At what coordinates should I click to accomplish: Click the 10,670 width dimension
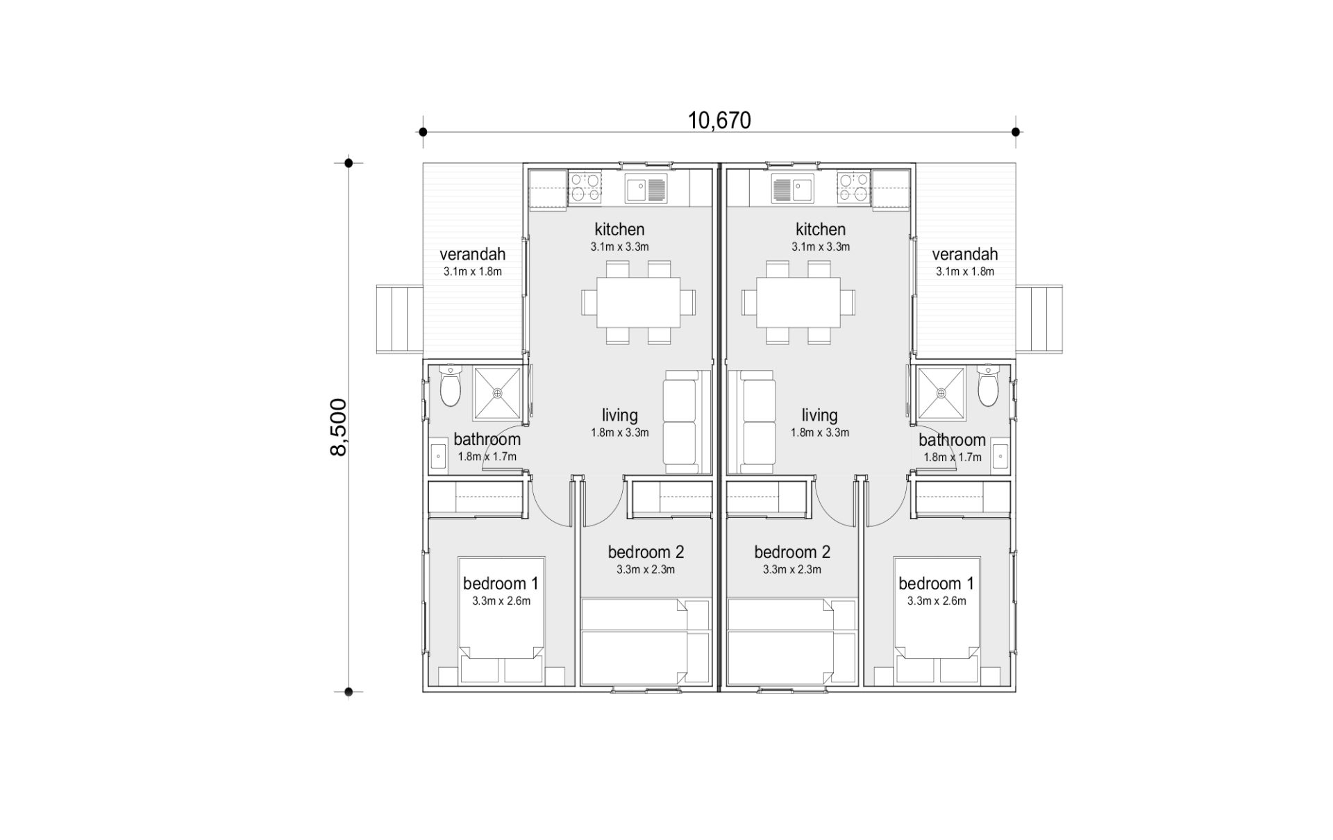click(x=719, y=121)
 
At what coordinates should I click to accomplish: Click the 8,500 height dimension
click(x=338, y=427)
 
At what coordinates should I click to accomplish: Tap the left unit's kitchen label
click(x=619, y=229)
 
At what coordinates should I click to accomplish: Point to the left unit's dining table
click(x=638, y=303)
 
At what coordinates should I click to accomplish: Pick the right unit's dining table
click(x=798, y=303)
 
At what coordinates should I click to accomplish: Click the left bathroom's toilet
click(x=451, y=387)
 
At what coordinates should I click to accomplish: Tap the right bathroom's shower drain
click(x=941, y=393)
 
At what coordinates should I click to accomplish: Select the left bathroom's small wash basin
click(x=439, y=457)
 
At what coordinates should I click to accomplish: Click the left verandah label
click(x=472, y=254)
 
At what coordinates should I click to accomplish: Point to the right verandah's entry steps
click(x=1039, y=319)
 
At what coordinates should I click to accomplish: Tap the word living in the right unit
click(x=819, y=415)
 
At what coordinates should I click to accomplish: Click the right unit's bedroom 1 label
click(x=936, y=583)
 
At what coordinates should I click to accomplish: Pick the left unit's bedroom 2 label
click(x=646, y=552)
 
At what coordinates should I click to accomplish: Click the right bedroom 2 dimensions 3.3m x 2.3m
click(x=792, y=570)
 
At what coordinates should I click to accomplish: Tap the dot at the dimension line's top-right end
click(x=1016, y=132)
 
